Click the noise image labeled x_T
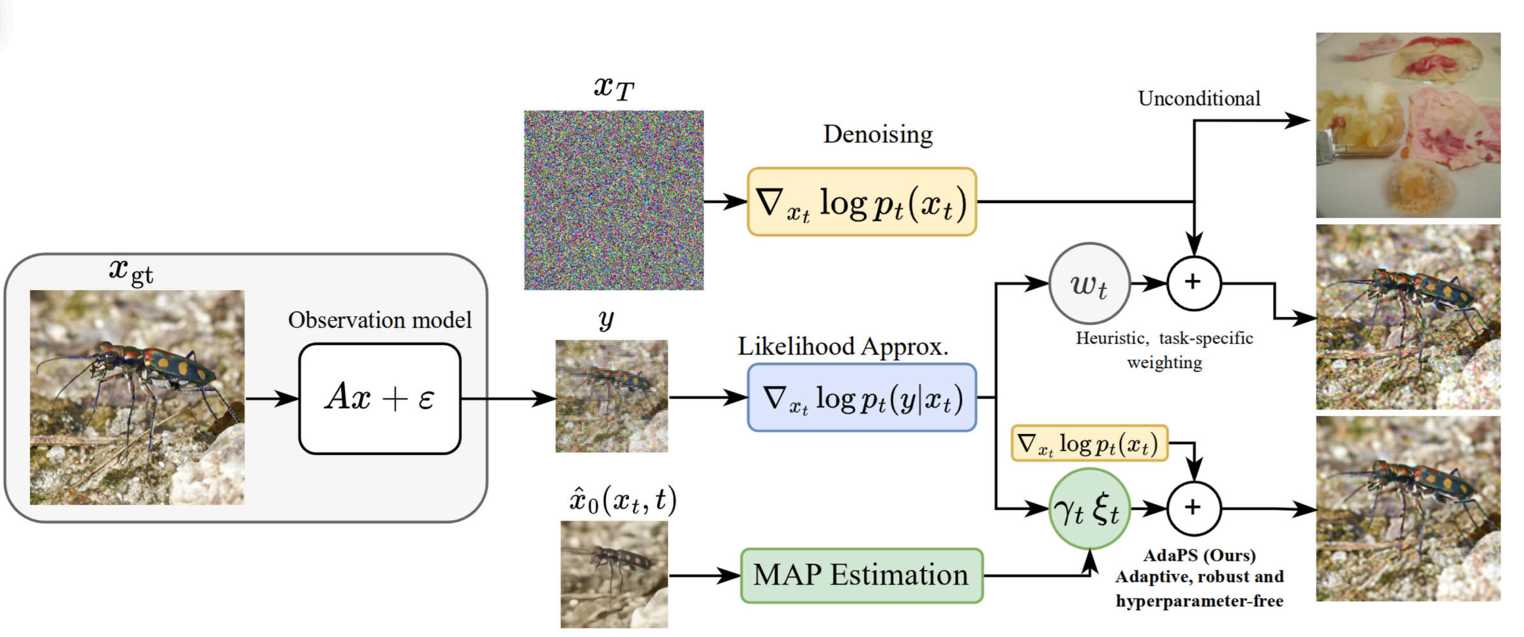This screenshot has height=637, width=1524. click(x=614, y=200)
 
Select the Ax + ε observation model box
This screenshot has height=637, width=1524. click(x=380, y=399)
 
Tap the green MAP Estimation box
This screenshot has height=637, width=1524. click(x=861, y=576)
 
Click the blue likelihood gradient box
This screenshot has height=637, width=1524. click(x=862, y=398)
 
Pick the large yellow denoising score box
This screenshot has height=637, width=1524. click(x=862, y=203)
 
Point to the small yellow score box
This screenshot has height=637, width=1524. click(x=1089, y=443)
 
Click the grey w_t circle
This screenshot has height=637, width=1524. click(x=1089, y=283)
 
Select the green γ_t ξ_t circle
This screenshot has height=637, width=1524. click(x=1089, y=509)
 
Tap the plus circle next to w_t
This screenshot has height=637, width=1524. click(x=1193, y=283)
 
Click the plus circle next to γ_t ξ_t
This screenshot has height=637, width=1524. click(x=1193, y=509)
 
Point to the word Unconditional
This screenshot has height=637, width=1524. click(x=1199, y=98)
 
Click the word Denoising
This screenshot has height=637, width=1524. click(x=878, y=135)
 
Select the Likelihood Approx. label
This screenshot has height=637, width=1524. click(x=843, y=346)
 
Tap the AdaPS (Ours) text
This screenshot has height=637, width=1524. click(x=1199, y=555)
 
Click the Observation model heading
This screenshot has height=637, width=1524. click(x=380, y=320)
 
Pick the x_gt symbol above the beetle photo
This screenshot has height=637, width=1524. click(x=131, y=271)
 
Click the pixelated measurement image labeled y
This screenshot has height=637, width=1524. click(x=612, y=396)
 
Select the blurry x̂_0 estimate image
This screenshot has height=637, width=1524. click(x=614, y=574)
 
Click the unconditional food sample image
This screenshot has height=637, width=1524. click(x=1408, y=125)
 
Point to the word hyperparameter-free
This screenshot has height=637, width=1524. click(x=1199, y=601)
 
